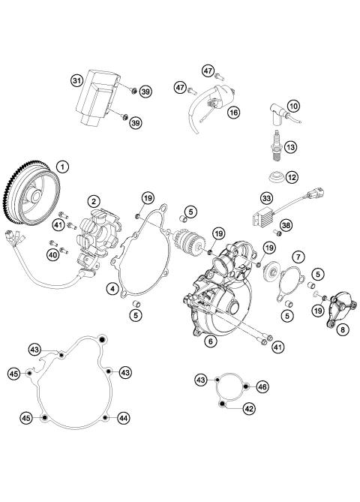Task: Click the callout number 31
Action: click(x=76, y=80)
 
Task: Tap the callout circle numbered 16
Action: click(x=234, y=112)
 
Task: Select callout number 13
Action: click(x=312, y=146)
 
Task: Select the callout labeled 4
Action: click(x=112, y=287)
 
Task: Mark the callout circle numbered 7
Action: click(x=298, y=257)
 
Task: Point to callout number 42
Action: click(x=248, y=409)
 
